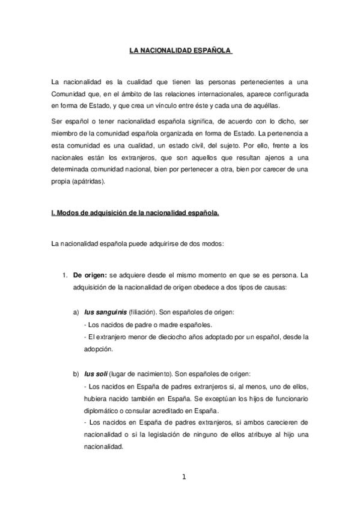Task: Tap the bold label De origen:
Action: pyautogui.click(x=90, y=275)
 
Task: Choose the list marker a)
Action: pyautogui.click(x=76, y=313)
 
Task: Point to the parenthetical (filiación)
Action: pyautogui.click(x=141, y=313)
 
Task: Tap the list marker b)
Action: pyautogui.click(x=76, y=373)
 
